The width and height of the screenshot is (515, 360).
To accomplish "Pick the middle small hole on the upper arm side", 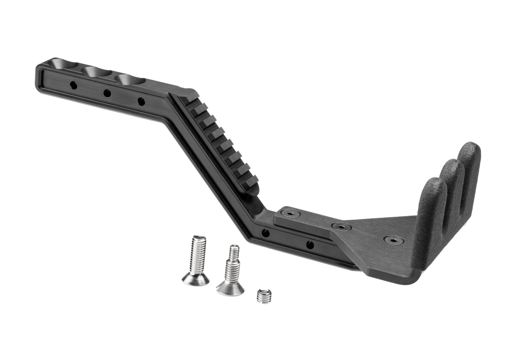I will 107,93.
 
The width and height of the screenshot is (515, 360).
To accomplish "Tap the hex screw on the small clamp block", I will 291,213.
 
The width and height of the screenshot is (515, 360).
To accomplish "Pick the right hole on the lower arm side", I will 310,244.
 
